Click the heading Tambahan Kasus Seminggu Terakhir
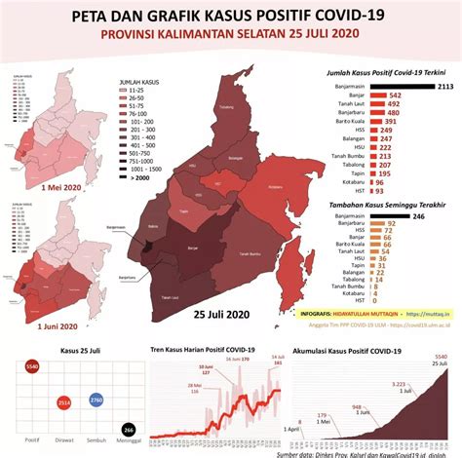tap(381, 205)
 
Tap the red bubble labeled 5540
tap(32, 365)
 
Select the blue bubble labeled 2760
tap(96, 401)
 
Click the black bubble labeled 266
tap(128, 430)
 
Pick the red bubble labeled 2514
tap(64, 401)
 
